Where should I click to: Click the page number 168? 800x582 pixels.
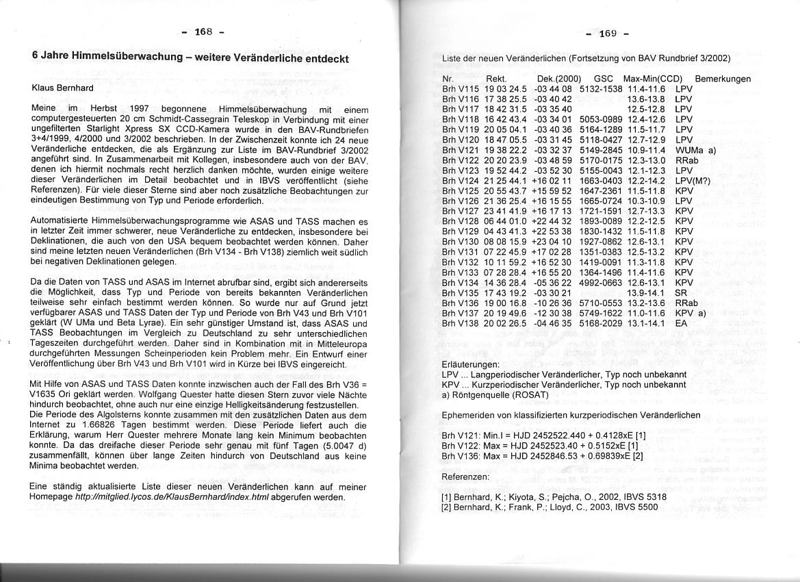click(204, 31)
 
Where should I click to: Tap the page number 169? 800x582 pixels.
click(608, 34)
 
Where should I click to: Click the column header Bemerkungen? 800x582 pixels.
click(723, 79)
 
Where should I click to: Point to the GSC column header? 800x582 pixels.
click(604, 79)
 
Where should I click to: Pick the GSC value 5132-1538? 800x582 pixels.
click(600, 89)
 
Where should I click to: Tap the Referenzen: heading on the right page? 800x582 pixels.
click(465, 476)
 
